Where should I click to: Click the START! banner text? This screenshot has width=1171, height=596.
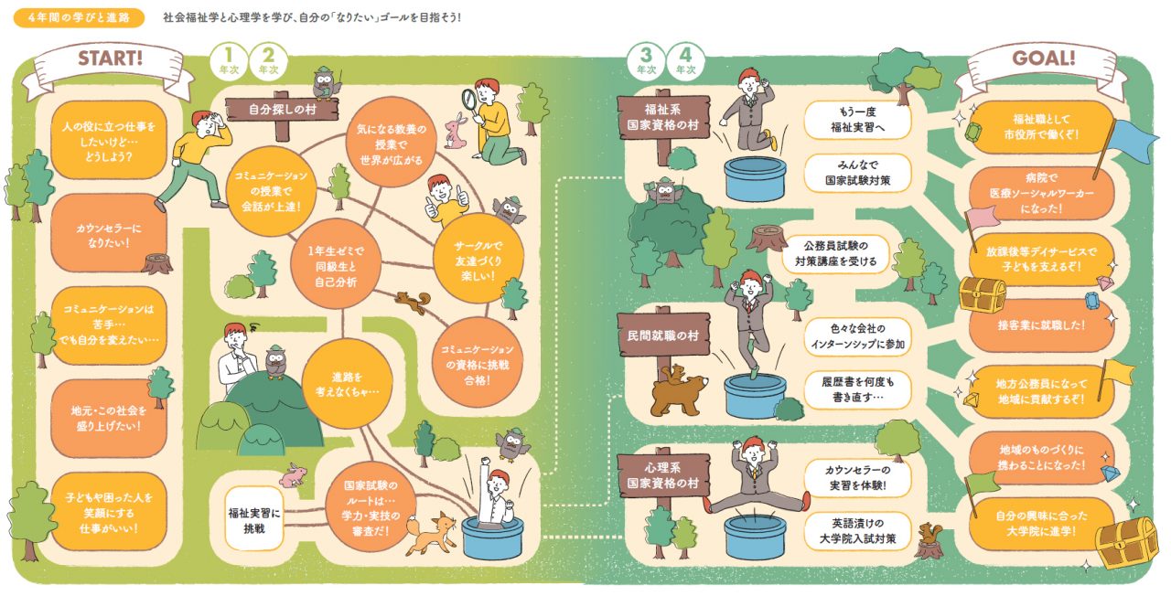pyautogui.click(x=111, y=58)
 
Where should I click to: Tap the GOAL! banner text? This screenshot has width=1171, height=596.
pyautogui.click(x=1044, y=58)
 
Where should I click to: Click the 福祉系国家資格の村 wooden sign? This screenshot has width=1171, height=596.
pyautogui.click(x=663, y=117)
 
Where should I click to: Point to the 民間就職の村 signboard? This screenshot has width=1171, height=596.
pyautogui.click(x=663, y=335)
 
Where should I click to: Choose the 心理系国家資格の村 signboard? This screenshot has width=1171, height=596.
pyautogui.click(x=663, y=474)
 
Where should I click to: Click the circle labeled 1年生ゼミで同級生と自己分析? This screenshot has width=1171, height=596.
pyautogui.click(x=336, y=265)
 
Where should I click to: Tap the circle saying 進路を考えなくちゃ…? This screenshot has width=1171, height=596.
pyautogui.click(x=347, y=384)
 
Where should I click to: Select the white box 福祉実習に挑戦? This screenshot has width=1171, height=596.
pyautogui.click(x=254, y=520)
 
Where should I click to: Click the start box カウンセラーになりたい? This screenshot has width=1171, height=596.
pyautogui.click(x=109, y=235)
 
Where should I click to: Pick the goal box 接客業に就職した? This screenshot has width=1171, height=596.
pyautogui.click(x=1041, y=325)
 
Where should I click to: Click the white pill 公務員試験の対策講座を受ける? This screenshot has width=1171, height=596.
pyautogui.click(x=835, y=253)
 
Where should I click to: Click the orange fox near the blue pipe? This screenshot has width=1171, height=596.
pyautogui.click(x=431, y=533)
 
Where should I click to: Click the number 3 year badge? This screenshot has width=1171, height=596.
pyautogui.click(x=646, y=61)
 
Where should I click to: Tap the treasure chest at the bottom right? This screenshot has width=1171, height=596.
pyautogui.click(x=1127, y=542)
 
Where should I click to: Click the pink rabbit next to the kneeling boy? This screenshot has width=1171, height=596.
pyautogui.click(x=455, y=133)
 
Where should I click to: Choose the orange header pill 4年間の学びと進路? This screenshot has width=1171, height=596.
pyautogui.click(x=79, y=17)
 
